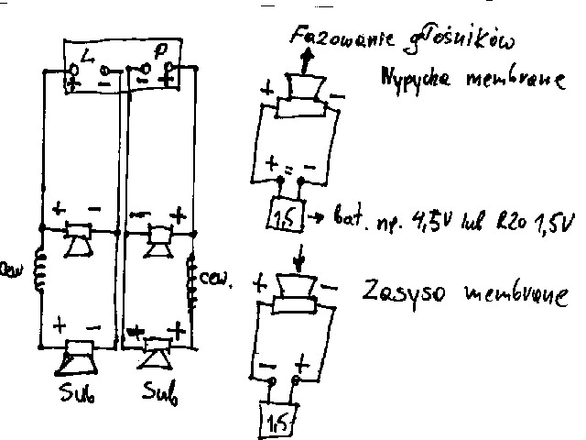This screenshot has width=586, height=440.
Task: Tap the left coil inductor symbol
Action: click(40, 271)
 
